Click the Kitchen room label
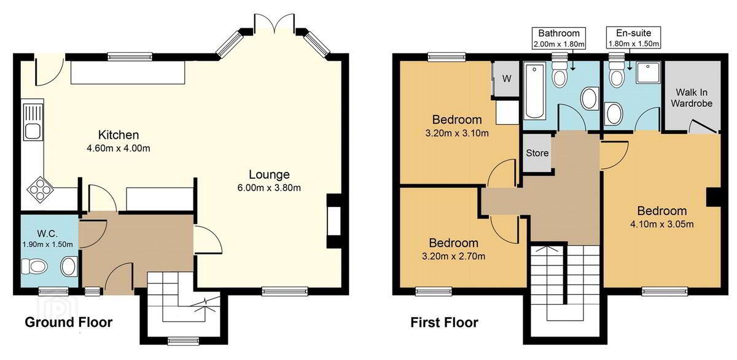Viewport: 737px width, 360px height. click(119, 135)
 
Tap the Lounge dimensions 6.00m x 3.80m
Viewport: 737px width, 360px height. click(269, 188)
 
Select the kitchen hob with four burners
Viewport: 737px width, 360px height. click(41, 189)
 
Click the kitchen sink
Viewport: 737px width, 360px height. click(33, 122)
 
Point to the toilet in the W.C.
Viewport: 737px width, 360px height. click(34, 266)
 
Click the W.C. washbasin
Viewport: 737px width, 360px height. click(69, 267)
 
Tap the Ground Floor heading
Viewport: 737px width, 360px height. click(68, 322)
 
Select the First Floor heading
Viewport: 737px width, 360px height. click(444, 323)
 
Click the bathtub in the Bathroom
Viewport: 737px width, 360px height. click(534, 91)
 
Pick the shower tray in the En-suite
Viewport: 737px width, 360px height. click(648, 72)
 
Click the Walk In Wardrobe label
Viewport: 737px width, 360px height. click(692, 98)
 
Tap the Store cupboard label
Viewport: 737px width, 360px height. click(537, 153)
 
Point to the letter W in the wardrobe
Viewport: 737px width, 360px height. click(507, 79)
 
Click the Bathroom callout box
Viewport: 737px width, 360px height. click(559, 38)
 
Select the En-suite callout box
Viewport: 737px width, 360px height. click(633, 38)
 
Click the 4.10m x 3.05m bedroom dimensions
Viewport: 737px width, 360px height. click(661, 224)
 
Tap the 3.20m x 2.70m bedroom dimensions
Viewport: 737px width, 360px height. click(453, 256)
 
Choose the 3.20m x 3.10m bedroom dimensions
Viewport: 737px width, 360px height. click(457, 133)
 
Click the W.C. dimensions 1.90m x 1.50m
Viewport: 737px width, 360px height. click(47, 245)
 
